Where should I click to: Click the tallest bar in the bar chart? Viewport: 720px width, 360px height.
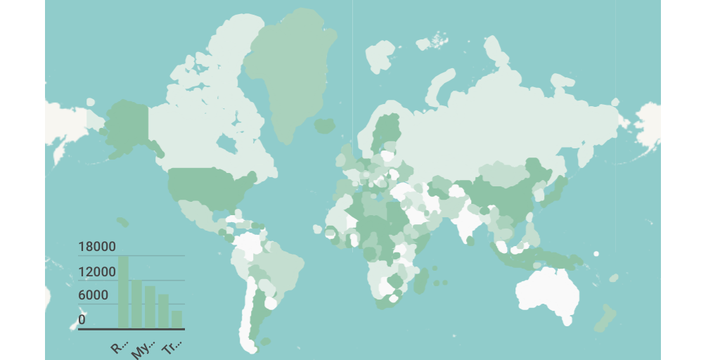click(x=123, y=291)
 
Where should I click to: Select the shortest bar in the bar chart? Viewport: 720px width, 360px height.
click(x=176, y=319)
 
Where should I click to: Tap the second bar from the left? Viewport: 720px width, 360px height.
click(x=136, y=304)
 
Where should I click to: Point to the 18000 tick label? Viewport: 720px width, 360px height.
click(x=97, y=247)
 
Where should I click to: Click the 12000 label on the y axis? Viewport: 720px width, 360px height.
click(x=97, y=272)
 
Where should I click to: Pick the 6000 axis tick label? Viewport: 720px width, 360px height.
click(x=94, y=295)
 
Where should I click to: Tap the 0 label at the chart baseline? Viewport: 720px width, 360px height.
click(x=82, y=320)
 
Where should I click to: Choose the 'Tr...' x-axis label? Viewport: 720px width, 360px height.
click(x=172, y=347)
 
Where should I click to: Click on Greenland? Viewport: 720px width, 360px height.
click(x=288, y=70)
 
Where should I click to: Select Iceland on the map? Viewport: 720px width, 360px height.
click(x=324, y=126)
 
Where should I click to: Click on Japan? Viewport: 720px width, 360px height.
click(x=558, y=186)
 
